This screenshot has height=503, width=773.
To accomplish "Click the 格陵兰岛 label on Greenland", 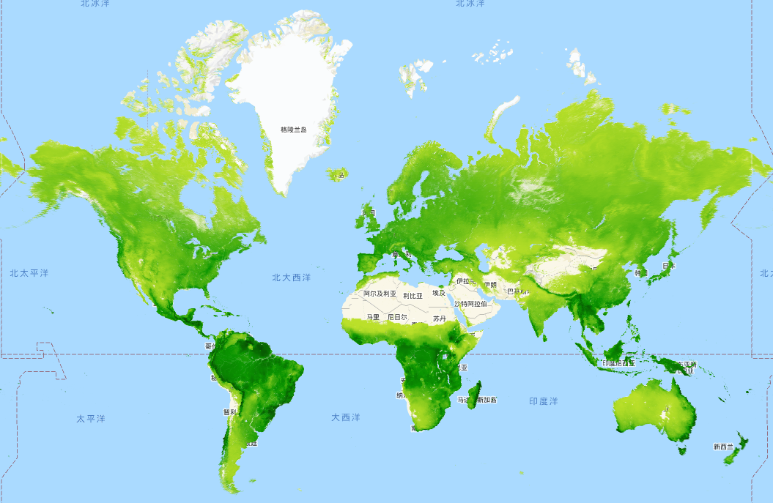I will (294, 130).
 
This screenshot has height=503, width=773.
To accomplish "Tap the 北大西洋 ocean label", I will (292, 277).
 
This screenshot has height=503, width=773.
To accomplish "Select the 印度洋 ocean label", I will (544, 401).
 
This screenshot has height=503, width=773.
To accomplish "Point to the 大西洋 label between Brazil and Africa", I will (345, 417).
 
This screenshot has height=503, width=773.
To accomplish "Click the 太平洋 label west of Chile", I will (91, 419).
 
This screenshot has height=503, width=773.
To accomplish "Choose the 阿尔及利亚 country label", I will (380, 294).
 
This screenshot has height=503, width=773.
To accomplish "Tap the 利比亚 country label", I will (413, 296).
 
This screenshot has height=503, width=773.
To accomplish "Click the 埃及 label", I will (438, 293).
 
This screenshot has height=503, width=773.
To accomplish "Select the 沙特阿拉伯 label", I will (470, 303).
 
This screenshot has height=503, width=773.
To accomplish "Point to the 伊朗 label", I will (489, 285).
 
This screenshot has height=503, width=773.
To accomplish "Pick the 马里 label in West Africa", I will (373, 317).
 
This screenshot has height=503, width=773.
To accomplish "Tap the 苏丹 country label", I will (439, 318).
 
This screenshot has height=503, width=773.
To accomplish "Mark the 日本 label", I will (668, 266).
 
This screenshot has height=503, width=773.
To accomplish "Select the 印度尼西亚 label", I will (618, 363).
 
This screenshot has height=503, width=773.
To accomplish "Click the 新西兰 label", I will (724, 446).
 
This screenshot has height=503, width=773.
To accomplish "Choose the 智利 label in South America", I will (229, 411).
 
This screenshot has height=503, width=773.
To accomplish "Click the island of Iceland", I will (336, 174).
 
